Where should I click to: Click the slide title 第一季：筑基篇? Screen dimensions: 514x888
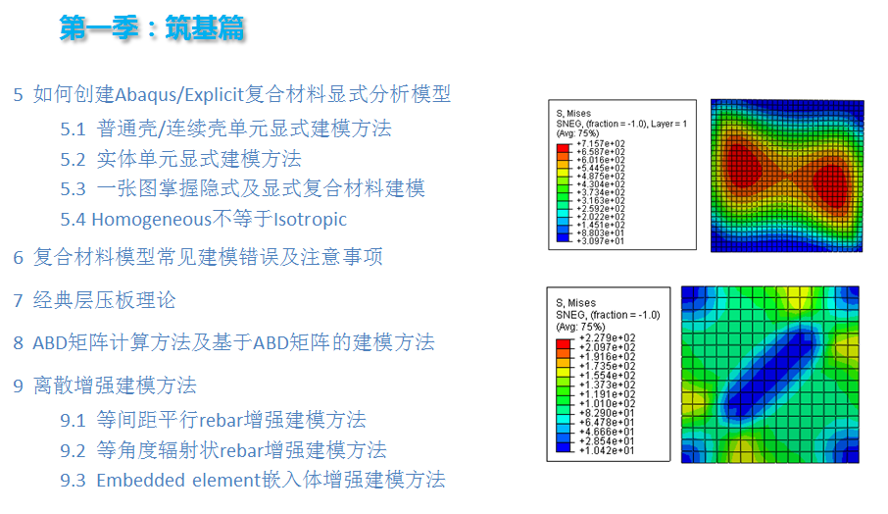[152, 29]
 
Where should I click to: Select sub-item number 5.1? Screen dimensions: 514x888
[74, 128]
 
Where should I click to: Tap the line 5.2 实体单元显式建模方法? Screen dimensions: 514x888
[180, 159]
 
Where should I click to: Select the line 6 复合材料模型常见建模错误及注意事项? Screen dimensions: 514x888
[197, 257]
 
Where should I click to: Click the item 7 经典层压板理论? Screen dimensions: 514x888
[94, 300]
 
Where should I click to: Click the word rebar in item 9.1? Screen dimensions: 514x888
[226, 420]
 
